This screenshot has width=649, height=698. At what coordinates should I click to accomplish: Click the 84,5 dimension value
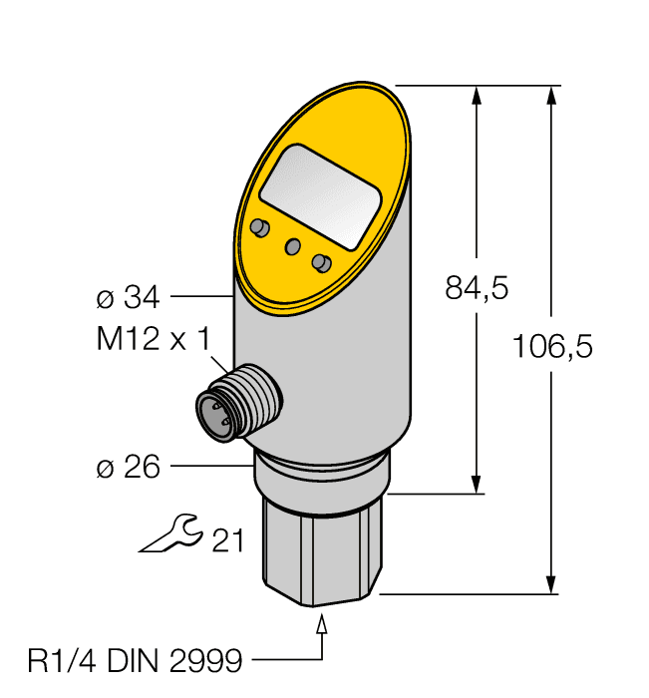[477, 288]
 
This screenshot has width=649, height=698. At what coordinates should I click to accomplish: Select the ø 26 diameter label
[128, 466]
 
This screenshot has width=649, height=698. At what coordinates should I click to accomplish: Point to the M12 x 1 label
[153, 339]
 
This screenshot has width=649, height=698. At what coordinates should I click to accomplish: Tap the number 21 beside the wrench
[228, 539]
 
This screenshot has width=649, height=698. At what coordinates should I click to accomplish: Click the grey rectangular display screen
[320, 196]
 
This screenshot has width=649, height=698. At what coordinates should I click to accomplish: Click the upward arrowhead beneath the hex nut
[322, 625]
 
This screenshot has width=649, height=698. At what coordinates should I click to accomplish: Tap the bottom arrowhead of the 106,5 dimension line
[550, 582]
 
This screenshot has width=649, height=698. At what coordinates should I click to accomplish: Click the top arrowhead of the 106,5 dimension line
[550, 97]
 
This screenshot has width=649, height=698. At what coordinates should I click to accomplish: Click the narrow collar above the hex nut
[321, 476]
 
